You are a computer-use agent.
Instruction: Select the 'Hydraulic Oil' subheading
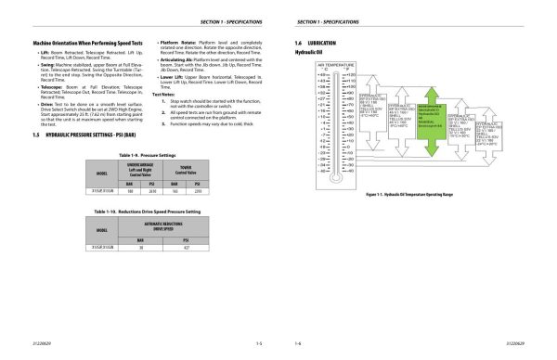tap(306, 53)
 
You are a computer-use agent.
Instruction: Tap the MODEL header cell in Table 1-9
tap(102, 174)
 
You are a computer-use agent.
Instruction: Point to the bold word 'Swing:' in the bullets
tap(47, 67)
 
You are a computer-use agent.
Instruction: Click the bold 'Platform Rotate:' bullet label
tap(175, 43)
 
